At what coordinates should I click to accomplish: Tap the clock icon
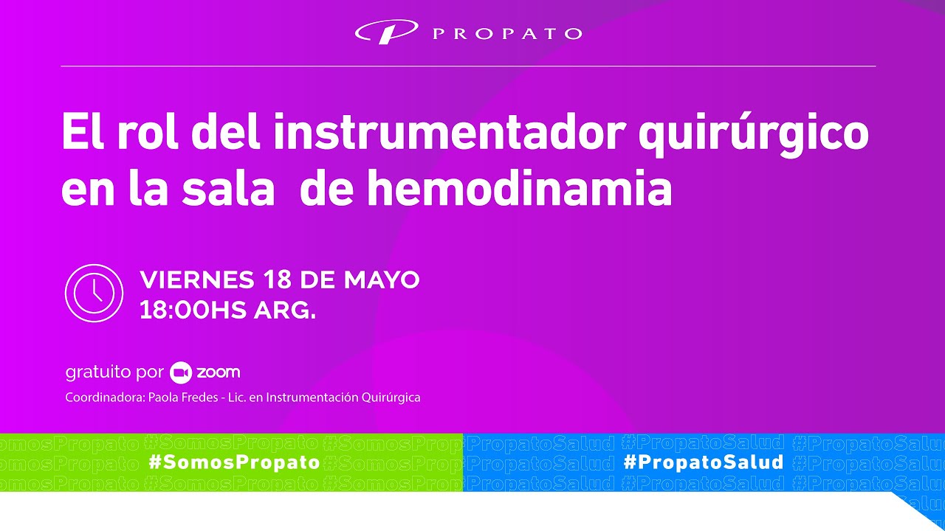click(x=94, y=293)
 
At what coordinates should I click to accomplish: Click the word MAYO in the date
click(x=382, y=280)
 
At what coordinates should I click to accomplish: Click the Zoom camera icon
click(x=181, y=373)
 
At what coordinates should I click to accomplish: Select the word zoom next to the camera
click(x=218, y=372)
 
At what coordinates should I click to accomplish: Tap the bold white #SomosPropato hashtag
click(x=234, y=462)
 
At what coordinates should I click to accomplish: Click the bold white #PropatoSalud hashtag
click(x=703, y=462)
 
